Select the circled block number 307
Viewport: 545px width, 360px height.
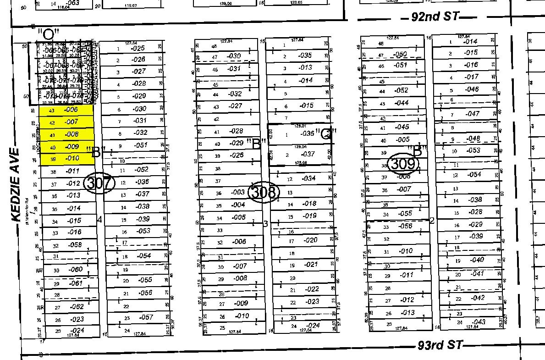click(x=99, y=183)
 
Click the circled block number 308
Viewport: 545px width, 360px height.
click(x=263, y=192)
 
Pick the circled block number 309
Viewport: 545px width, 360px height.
click(x=403, y=164)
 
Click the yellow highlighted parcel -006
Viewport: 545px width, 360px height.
click(x=72, y=110)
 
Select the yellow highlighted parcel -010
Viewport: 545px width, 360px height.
click(x=72, y=159)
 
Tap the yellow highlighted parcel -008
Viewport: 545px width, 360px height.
click(x=72, y=135)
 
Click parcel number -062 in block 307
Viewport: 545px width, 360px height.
click(x=77, y=307)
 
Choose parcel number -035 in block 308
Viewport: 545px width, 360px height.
click(x=305, y=55)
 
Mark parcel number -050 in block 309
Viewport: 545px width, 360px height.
click(x=400, y=55)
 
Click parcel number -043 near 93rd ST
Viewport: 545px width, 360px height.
click(x=478, y=322)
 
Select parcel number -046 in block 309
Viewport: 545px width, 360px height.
click(x=472, y=89)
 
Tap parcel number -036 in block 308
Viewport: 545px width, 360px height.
click(x=307, y=134)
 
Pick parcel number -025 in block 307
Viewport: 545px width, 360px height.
click(x=138, y=48)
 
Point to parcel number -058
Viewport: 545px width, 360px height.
click(x=75, y=245)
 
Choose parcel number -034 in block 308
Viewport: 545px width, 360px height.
click(x=308, y=178)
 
